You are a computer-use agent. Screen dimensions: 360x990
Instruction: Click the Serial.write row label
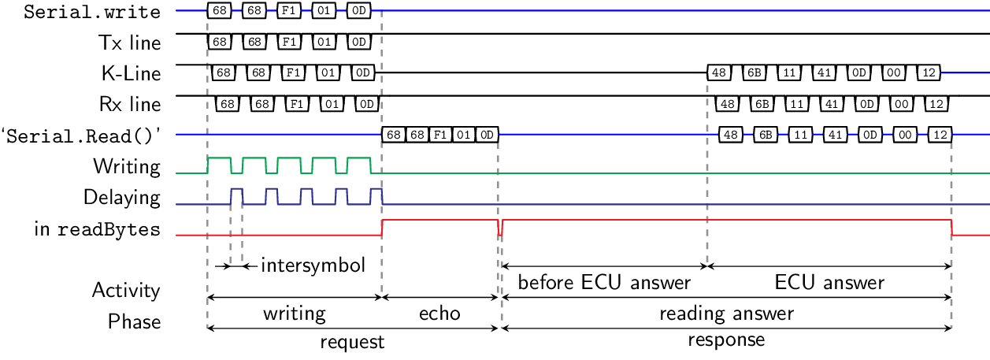[x=93, y=12]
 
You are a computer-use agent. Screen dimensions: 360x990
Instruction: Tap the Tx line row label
[x=132, y=43]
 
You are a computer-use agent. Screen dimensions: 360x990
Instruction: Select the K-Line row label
[x=131, y=74]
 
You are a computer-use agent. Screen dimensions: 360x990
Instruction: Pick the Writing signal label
[x=127, y=166]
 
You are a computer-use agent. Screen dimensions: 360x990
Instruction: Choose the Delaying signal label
[x=122, y=197]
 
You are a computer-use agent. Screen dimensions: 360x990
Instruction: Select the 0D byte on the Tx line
[x=358, y=41]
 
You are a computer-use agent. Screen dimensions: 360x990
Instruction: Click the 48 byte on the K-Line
[x=718, y=72]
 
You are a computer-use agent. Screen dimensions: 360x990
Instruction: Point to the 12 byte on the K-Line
[x=929, y=72]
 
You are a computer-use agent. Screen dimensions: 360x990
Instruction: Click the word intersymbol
[x=313, y=265]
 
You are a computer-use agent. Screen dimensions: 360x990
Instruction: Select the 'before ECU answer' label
[x=604, y=282]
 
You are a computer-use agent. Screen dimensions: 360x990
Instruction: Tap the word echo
[x=439, y=314]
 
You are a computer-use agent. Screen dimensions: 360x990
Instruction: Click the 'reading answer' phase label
[x=726, y=314]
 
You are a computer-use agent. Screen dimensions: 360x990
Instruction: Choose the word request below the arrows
[x=352, y=342]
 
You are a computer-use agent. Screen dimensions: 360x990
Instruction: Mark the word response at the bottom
[x=726, y=340]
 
